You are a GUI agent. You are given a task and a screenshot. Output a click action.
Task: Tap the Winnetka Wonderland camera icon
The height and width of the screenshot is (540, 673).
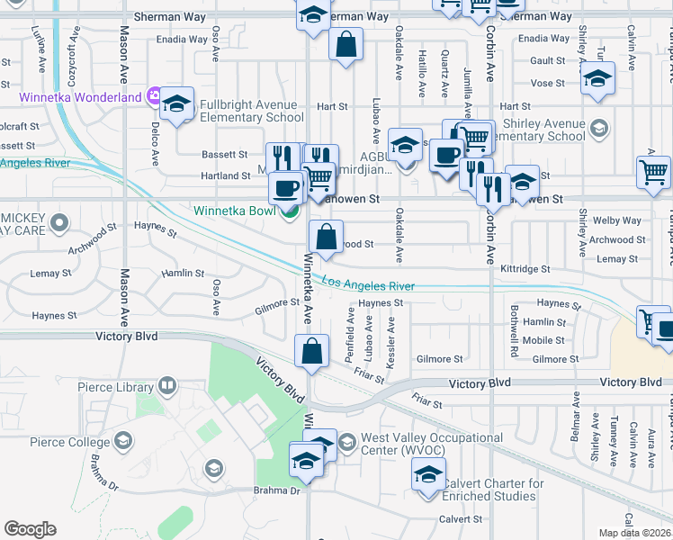tap(155, 96)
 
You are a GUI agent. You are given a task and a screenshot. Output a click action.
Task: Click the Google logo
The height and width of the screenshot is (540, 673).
tap(30, 528)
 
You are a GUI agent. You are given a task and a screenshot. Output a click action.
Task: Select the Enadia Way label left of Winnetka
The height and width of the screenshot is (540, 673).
tap(182, 40)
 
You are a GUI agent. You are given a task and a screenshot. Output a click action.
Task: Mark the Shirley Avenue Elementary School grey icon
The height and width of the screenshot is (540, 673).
tap(597, 130)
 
